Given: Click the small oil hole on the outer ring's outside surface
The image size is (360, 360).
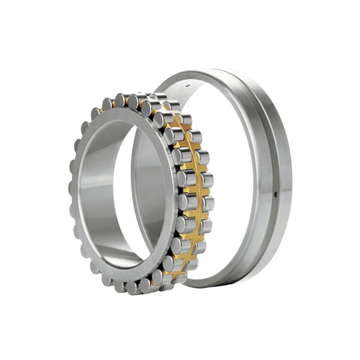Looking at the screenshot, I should [x=275, y=194].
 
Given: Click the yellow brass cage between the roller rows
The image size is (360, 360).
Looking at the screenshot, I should [x=191, y=180].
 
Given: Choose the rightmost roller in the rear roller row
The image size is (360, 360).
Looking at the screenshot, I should [x=204, y=180].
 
